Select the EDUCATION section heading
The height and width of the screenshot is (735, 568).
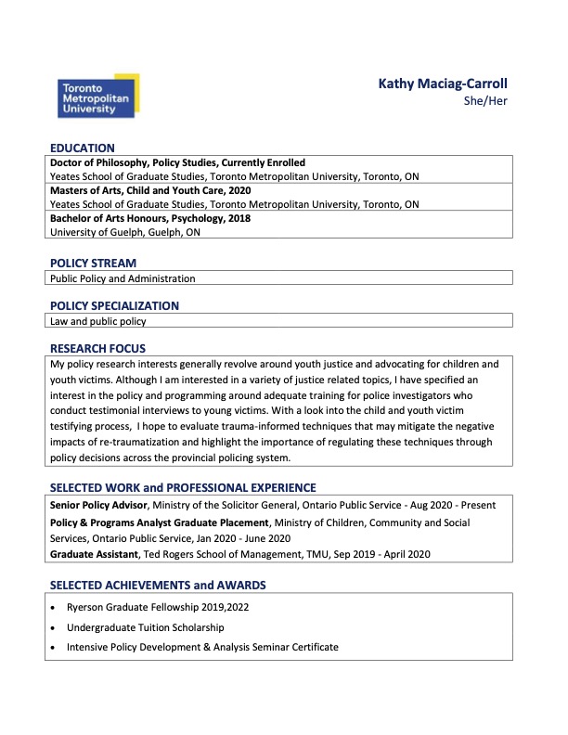(x=83, y=148)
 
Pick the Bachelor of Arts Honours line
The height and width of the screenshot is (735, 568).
(x=150, y=218)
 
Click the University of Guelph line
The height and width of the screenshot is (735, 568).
(x=125, y=232)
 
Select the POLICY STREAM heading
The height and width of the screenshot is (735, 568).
(x=93, y=264)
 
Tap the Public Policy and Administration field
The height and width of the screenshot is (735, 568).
(x=123, y=277)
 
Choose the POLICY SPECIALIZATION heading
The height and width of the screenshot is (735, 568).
(x=114, y=305)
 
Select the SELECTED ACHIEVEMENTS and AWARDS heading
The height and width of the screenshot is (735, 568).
(x=158, y=585)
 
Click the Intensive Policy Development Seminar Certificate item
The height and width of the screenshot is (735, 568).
(x=202, y=646)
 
